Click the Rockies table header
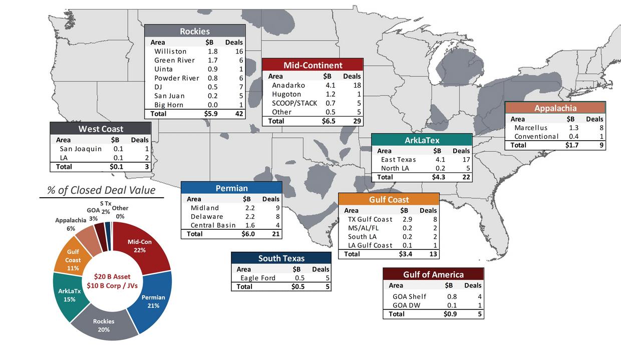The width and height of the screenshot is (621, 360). point(195,32)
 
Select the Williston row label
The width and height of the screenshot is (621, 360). point(170,51)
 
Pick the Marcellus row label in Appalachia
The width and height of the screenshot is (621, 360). point(531,128)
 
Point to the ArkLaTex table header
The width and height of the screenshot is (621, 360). point(422,141)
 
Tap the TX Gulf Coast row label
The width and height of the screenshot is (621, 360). point(370,219)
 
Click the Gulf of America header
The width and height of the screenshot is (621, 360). point(433,274)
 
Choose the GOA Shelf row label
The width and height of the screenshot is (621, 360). point(409,296)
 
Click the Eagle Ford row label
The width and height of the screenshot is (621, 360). point(257,278)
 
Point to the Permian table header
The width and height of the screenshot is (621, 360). point(231,189)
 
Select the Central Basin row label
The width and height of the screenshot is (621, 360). point(213,225)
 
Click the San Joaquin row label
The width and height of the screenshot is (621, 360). point(81,149)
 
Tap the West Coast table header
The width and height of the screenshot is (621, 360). point(101,129)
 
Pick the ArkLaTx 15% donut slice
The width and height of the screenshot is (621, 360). point(67,295)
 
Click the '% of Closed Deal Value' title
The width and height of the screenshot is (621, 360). point(101,190)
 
